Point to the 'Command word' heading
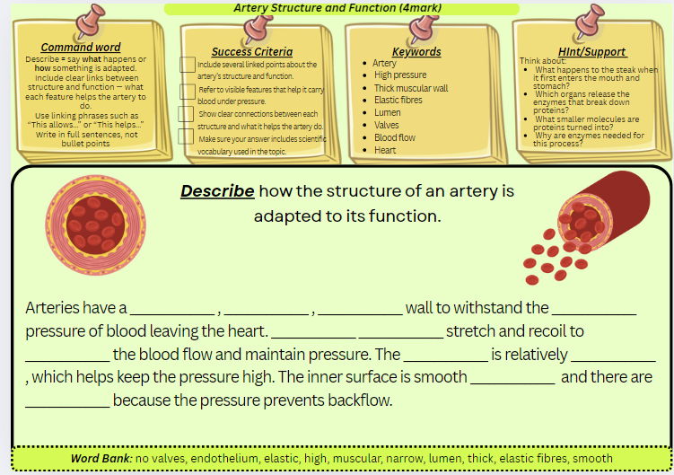pyautogui.click(x=81, y=47)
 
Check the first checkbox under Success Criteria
pyautogui.click(x=188, y=65)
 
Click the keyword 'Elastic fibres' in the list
pyautogui.click(x=398, y=100)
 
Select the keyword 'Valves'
pyautogui.click(x=387, y=125)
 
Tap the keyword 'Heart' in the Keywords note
pyautogui.click(x=385, y=150)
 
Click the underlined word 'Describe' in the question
pyautogui.click(x=217, y=191)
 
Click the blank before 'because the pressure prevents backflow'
pyautogui.click(x=67, y=400)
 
